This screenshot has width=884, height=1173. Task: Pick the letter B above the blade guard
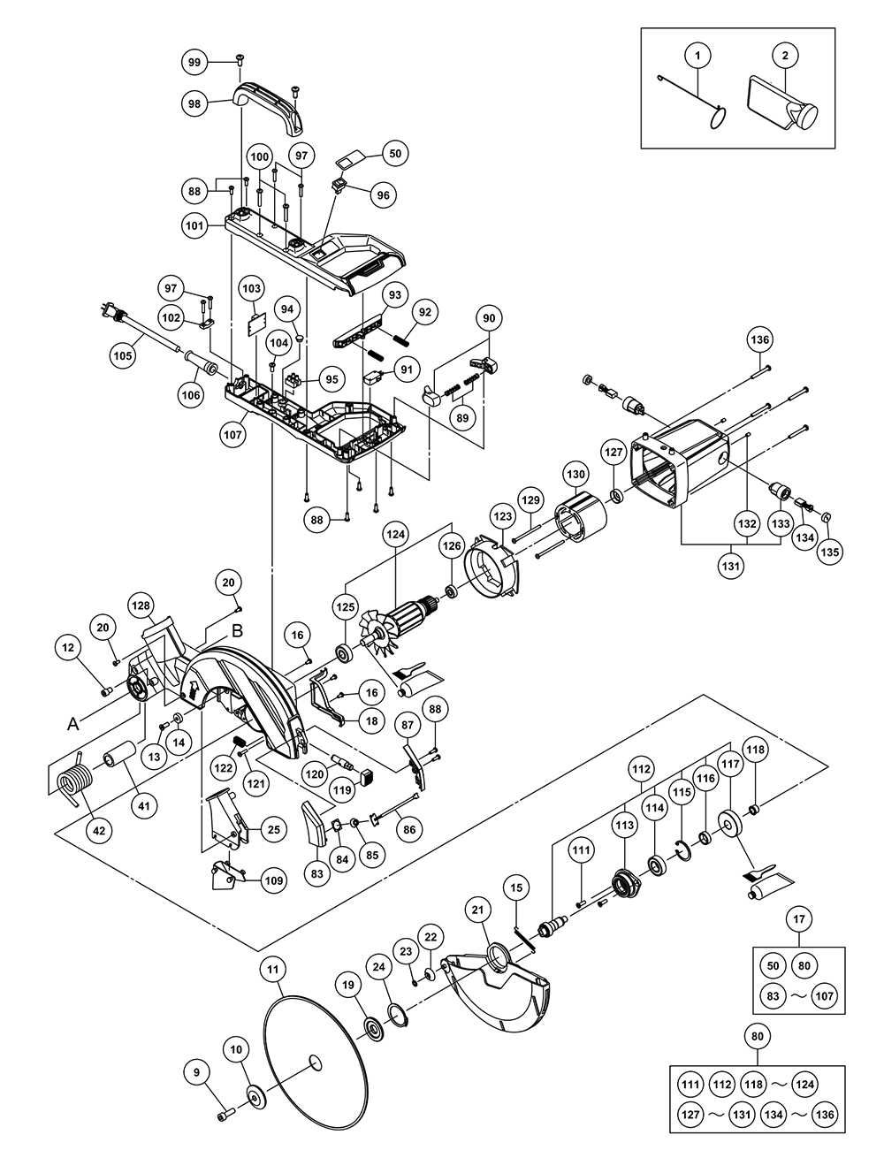click(x=237, y=631)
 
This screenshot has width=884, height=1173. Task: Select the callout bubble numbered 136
click(x=760, y=339)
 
